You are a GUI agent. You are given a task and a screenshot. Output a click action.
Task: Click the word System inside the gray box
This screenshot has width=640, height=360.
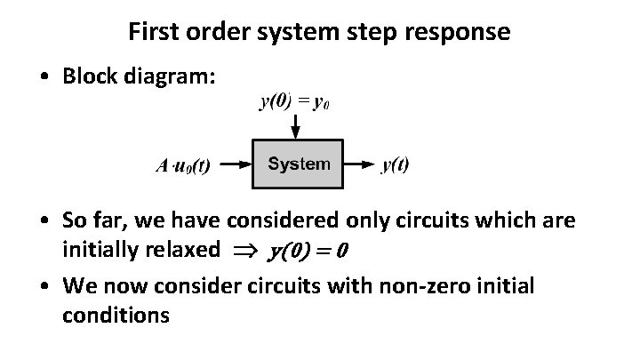299,164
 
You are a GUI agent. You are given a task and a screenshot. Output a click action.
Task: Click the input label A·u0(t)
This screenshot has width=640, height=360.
182,165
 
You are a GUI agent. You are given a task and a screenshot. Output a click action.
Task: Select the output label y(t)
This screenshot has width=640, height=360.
395,164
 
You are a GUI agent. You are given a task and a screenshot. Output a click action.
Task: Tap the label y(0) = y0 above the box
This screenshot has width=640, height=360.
294,101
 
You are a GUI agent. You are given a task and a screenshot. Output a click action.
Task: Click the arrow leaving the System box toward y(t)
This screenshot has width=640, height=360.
359,164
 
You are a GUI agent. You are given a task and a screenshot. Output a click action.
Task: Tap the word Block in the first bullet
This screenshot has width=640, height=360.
89,76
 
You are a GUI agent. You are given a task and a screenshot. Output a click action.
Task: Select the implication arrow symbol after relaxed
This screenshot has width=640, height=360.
244,252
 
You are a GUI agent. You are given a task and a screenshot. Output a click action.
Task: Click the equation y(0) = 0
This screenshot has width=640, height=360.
307,252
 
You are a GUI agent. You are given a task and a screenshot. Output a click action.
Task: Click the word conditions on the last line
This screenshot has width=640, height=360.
116,315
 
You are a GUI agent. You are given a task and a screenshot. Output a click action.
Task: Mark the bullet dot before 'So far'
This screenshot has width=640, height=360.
44,220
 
